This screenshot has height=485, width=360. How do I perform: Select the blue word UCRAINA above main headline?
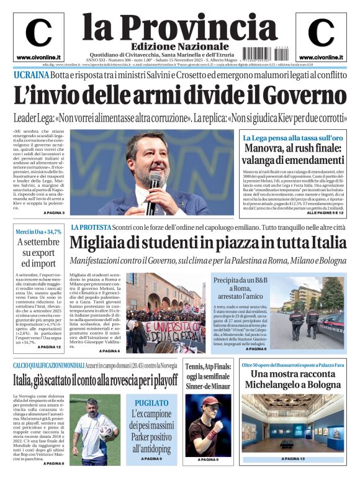(x=31, y=75)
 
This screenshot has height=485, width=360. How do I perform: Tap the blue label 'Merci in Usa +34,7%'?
(x=39, y=232)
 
